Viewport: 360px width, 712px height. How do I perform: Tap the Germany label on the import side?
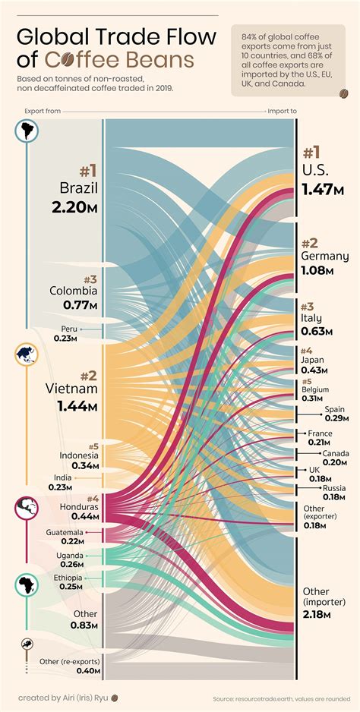324,257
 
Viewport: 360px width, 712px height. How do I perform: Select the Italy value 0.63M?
317,330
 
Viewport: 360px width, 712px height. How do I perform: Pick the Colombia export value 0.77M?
80,305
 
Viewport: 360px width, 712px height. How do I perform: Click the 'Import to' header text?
282,111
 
